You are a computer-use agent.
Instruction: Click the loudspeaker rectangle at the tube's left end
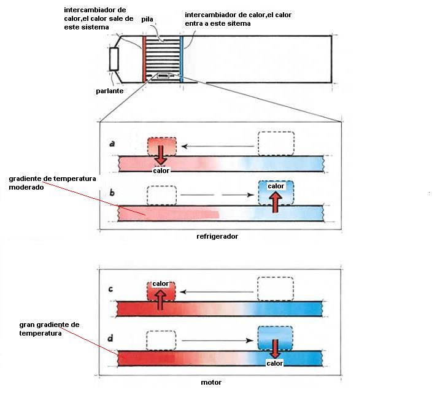(x=114, y=59)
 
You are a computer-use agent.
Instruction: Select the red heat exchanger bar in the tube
(x=145, y=59)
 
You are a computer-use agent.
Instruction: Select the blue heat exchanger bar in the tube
(x=182, y=59)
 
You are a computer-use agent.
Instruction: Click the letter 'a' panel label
(x=111, y=144)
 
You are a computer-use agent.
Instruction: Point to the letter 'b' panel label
(x=111, y=193)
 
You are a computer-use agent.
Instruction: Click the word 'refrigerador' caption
(x=217, y=236)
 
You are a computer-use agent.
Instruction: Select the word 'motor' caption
(x=211, y=382)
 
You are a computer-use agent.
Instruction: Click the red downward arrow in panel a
(x=161, y=153)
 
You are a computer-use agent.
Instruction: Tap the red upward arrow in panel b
(x=276, y=201)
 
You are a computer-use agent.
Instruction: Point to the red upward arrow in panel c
(x=160, y=299)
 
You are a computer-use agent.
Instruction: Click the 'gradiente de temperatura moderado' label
(x=52, y=183)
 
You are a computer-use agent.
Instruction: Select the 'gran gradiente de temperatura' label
(x=49, y=329)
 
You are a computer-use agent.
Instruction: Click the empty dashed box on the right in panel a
(x=276, y=144)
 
